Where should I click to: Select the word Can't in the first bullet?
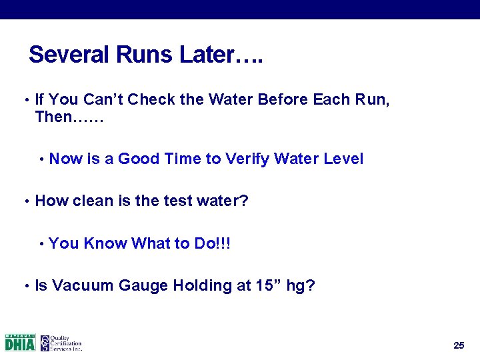[103, 100]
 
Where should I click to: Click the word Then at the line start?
[53, 118]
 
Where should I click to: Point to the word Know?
[105, 243]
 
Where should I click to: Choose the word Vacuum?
[83, 286]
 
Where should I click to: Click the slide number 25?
[458, 345]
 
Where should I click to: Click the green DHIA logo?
[20, 343]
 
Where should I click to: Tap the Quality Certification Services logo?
[61, 343]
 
